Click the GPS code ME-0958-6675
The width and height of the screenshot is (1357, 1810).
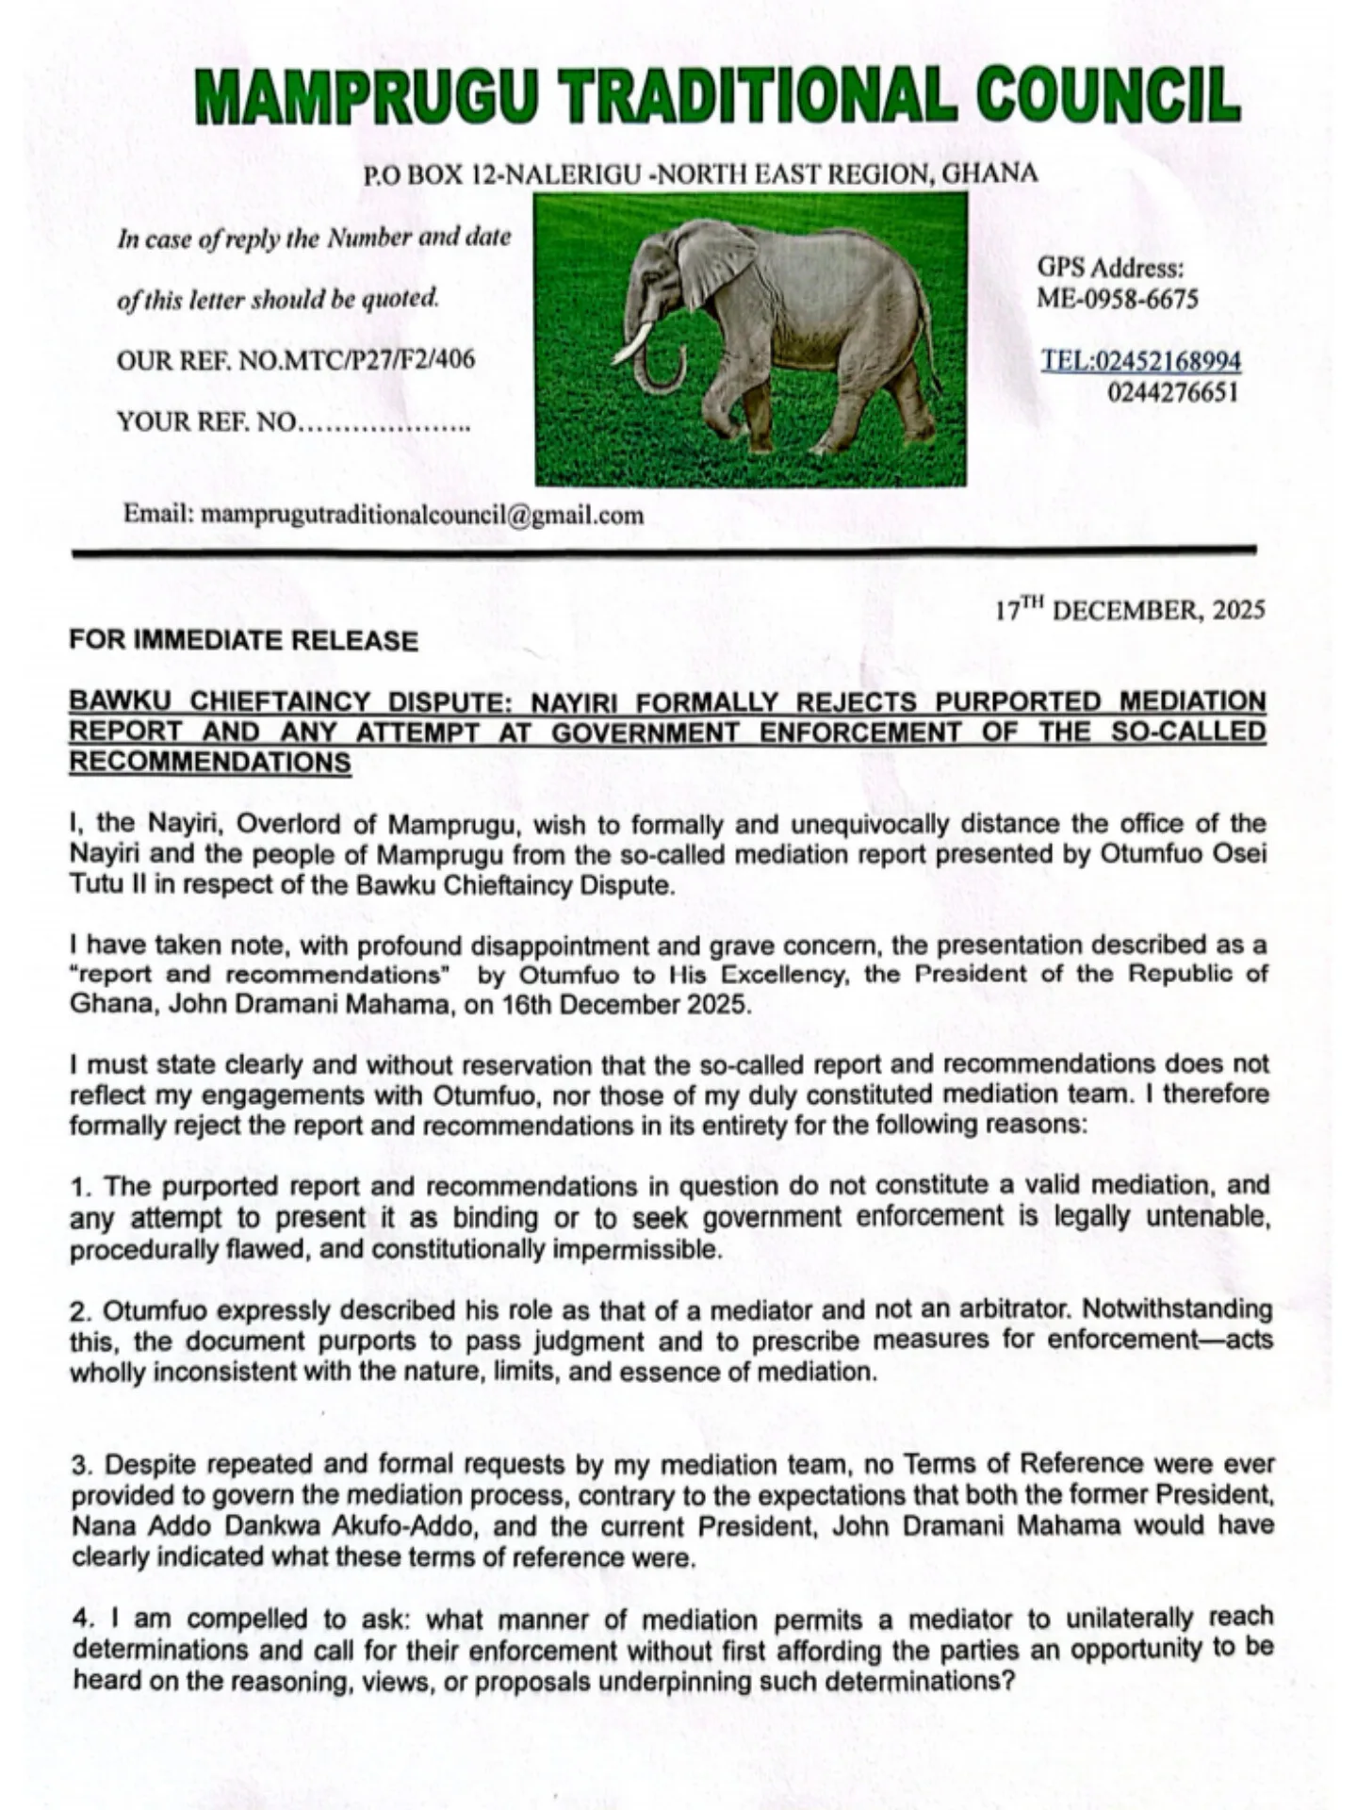tap(1118, 300)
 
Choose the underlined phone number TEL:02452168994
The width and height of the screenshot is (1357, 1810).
tap(1140, 361)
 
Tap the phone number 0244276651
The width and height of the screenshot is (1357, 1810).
tap(1172, 391)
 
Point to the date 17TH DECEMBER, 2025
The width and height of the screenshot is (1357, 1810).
tap(1130, 611)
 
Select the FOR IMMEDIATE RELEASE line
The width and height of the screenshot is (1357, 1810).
tap(243, 641)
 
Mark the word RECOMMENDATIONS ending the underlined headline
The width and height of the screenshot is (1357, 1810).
tap(210, 763)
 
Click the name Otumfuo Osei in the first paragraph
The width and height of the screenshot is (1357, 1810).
tap(1190, 854)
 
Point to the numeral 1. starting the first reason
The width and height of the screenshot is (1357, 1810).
tap(79, 1186)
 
